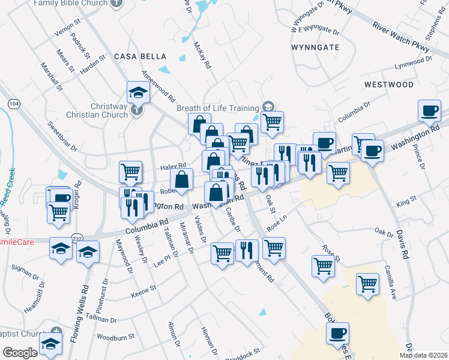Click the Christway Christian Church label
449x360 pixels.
[109, 110]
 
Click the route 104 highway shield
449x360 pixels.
[14, 104]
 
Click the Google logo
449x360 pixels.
[20, 353]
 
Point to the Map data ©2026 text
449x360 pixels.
[423, 355]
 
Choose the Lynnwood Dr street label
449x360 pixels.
[413, 63]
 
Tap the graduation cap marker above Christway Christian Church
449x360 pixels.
[137, 92]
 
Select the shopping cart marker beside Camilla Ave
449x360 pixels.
[367, 284]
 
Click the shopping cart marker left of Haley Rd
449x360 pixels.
[130, 172]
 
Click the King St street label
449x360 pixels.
[406, 204]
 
